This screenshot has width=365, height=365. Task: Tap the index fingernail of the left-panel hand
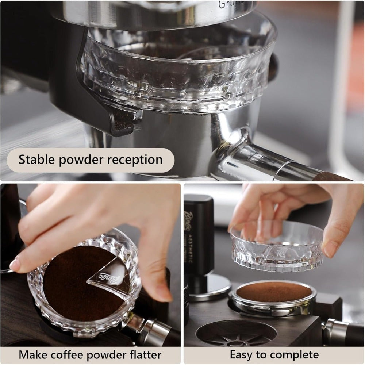click(x=15, y=265)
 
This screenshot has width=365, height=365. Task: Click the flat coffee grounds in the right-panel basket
click(x=274, y=291)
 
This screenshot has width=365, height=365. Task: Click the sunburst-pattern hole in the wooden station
click(x=236, y=333)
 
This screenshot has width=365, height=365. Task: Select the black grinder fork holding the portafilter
click(x=109, y=117)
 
